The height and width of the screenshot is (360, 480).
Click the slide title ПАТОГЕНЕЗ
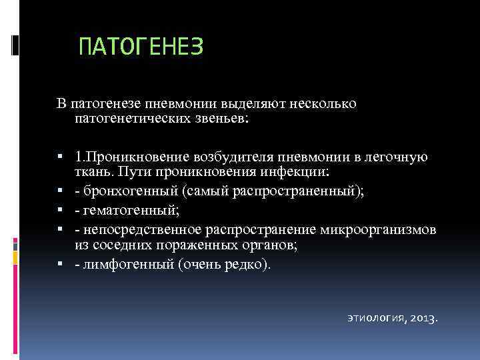140,47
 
